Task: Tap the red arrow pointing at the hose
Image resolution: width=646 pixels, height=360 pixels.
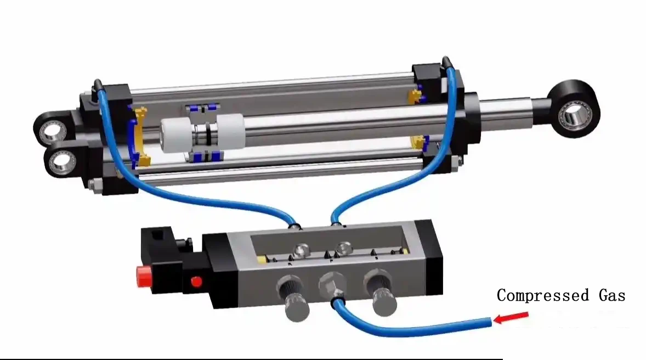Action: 511,317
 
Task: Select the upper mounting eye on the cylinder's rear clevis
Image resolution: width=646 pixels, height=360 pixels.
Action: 53,130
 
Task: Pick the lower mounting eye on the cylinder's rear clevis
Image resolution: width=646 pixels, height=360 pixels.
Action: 61,161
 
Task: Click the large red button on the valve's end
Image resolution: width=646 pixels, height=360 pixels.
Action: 143,275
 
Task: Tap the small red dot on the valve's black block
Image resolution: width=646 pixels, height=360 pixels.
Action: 196,282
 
